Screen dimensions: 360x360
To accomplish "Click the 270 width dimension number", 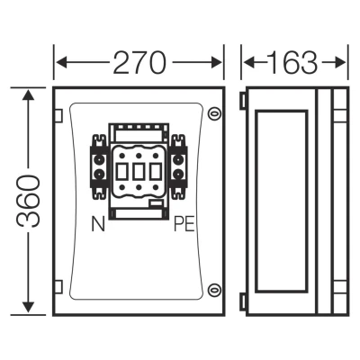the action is point(139,63).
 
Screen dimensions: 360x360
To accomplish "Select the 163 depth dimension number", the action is point(292,63).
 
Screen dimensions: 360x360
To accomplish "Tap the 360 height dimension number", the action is point(28,202).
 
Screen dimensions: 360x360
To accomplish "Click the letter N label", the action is point(98,224).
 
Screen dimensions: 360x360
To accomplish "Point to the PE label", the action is point(184,224).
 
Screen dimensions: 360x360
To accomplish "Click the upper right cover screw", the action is point(214,113).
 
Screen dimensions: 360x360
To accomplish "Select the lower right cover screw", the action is point(214,290).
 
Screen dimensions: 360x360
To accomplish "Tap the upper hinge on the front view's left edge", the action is point(58,116).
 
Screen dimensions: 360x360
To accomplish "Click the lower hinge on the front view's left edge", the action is point(58,286).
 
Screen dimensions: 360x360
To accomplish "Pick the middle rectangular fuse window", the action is point(139,172).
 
